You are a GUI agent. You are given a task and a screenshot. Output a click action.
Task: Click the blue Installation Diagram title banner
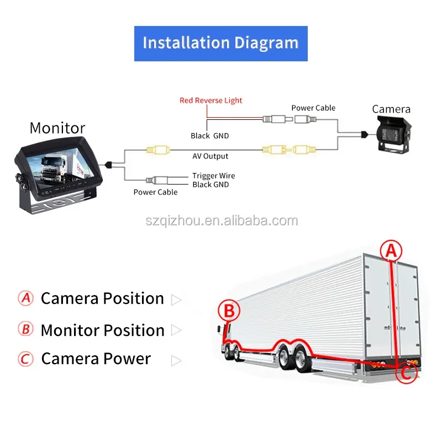tap(220, 44)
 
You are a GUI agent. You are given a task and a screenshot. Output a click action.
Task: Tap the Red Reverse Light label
tap(211, 101)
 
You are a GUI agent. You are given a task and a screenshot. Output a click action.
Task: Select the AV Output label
tap(211, 156)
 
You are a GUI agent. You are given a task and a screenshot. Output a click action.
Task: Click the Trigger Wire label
tap(214, 176)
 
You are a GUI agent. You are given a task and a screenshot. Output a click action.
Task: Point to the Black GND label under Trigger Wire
tap(211, 185)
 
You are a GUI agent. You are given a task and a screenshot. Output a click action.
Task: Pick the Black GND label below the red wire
tap(210, 136)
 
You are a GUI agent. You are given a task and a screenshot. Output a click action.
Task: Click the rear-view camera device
tap(393, 135)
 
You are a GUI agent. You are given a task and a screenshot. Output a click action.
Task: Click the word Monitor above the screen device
tap(57, 128)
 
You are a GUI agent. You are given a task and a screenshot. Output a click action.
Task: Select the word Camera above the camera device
tap(391, 109)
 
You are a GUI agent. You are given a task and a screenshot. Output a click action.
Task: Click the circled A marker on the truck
tap(391, 250)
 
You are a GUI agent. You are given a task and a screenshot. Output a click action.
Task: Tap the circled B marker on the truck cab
tap(229, 311)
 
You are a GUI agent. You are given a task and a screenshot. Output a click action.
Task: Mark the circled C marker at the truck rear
tap(406, 373)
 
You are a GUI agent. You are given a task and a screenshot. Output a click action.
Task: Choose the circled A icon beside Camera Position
tap(25, 298)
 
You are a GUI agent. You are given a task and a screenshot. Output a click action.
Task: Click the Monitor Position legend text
tap(103, 330)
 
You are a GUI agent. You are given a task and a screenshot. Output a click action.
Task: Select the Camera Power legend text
tap(96, 359)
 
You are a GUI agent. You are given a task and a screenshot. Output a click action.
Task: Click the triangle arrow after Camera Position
tap(176, 299)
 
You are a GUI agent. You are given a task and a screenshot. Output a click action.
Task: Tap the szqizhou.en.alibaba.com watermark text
tap(222, 220)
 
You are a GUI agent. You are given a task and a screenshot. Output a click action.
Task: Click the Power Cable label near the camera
tap(313, 108)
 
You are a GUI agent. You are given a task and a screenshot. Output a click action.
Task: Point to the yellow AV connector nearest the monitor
tap(158, 150)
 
